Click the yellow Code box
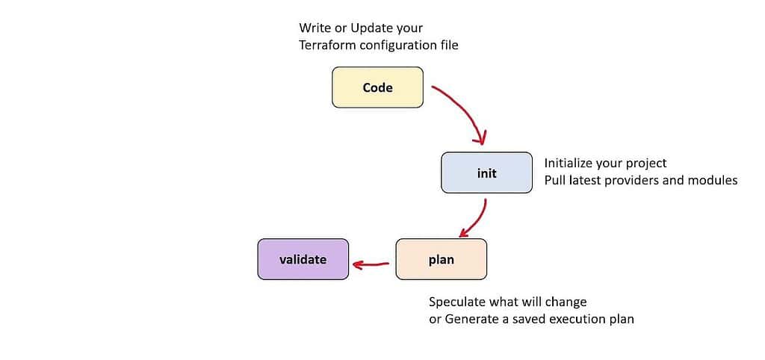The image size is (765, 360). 377,87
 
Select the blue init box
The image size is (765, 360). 486,173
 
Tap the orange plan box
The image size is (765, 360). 441,260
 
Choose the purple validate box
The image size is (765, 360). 303,259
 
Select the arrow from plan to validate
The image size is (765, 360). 371,264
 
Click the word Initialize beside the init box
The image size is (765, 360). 569,163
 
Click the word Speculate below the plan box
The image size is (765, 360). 458,302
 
